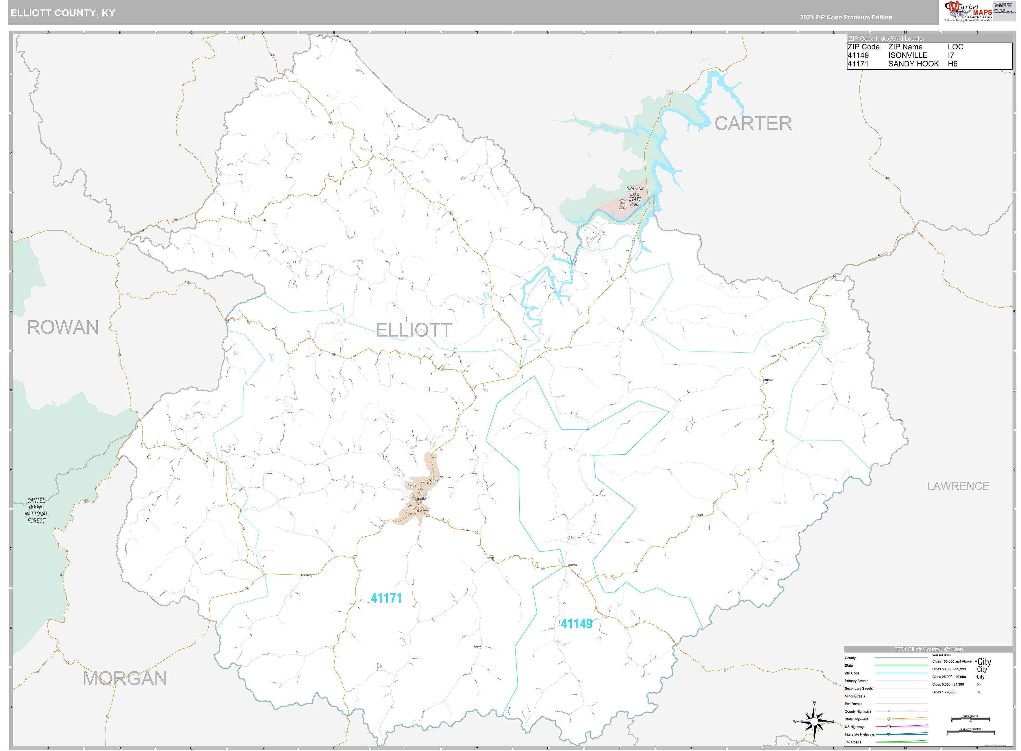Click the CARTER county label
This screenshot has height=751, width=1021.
click(x=753, y=124)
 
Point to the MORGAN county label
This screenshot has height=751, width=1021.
click(x=125, y=679)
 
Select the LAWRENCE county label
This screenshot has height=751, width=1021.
click(x=958, y=486)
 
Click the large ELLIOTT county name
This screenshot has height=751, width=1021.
click(x=414, y=330)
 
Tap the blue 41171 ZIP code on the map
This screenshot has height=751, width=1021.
click(x=386, y=598)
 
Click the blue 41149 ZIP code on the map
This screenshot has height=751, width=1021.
click(x=576, y=624)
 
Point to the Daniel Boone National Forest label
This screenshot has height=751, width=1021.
click(x=36, y=510)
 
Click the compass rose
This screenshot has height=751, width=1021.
click(x=814, y=722)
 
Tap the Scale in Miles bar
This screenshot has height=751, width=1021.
click(x=970, y=720)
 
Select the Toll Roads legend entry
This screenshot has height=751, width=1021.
click(x=853, y=742)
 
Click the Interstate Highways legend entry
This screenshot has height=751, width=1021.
click(x=859, y=734)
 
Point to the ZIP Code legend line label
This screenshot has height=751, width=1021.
click(x=852, y=673)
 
